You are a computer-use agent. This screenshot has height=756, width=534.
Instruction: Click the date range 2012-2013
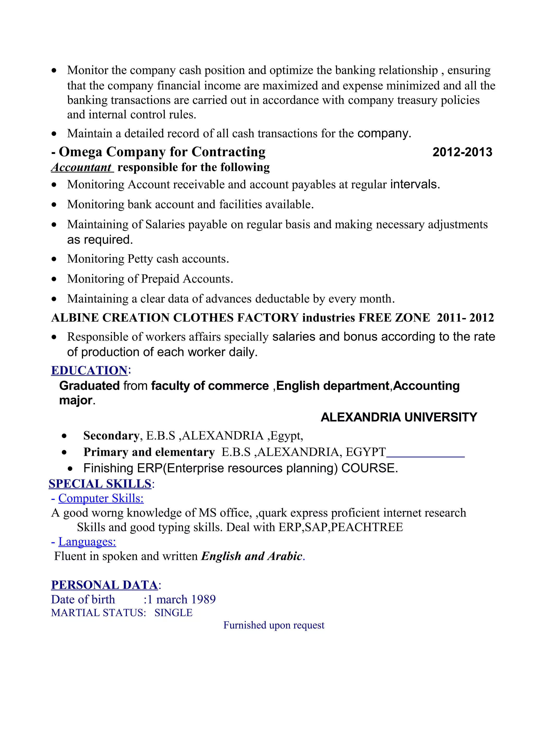click(462, 152)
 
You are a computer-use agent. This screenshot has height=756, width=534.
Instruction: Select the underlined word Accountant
click(82, 167)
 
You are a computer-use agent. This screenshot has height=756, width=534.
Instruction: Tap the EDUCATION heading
click(89, 370)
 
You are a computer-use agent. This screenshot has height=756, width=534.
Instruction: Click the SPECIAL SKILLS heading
click(100, 484)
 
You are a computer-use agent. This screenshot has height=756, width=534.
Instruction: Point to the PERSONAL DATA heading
click(104, 585)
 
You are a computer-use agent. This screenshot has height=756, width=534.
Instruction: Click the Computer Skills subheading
click(101, 498)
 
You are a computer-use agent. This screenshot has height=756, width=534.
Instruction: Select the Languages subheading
click(87, 542)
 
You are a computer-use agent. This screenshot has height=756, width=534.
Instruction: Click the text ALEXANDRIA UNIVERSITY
click(398, 417)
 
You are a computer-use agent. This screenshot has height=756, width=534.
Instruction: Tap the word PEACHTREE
click(367, 527)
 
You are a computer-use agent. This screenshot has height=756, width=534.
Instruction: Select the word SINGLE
click(173, 613)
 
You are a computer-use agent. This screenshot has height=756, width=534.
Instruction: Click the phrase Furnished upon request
click(274, 625)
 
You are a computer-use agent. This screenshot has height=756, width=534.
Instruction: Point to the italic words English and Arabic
click(251, 556)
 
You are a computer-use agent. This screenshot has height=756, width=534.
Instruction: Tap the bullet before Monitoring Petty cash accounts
click(54, 259)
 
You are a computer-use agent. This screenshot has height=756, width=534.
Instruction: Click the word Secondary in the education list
click(111, 436)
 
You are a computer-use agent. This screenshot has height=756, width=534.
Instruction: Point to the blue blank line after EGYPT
click(425, 456)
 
